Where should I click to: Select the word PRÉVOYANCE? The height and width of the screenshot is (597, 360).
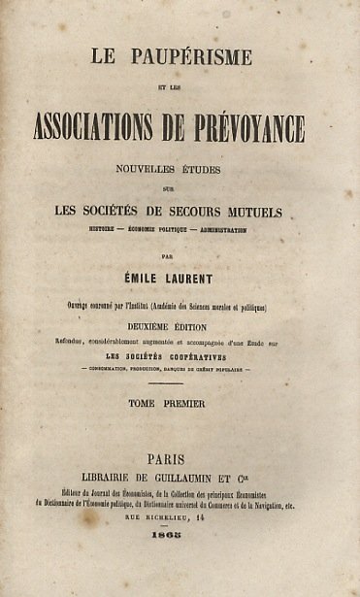pyautogui.click(x=253, y=126)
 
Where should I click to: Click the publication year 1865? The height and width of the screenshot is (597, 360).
pyautogui.click(x=180, y=566)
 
